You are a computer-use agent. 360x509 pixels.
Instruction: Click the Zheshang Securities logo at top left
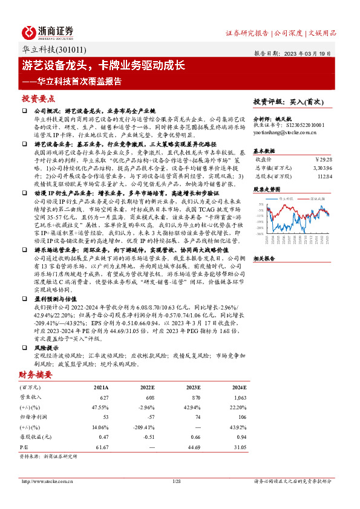coord(48,31)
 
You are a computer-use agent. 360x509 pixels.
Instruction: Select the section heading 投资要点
coord(38,99)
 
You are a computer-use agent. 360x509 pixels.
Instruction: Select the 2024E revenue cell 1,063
coord(238,397)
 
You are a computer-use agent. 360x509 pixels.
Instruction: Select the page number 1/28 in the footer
coord(177,481)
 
